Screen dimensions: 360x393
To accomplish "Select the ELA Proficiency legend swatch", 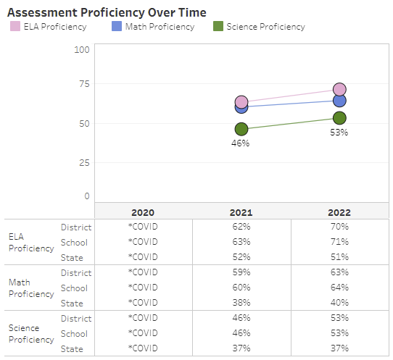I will (15, 27).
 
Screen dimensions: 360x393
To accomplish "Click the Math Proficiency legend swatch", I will (117, 27).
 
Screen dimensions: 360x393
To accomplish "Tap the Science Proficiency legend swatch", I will (218, 27).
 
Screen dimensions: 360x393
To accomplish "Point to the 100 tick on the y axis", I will (82, 49).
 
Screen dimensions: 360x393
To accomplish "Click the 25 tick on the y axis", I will (84, 163).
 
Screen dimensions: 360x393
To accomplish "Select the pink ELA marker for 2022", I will (339, 90).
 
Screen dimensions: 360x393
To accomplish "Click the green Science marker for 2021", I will (241, 129).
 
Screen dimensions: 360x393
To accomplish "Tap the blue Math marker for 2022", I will (339, 101).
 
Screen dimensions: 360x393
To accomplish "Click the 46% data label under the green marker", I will (241, 143).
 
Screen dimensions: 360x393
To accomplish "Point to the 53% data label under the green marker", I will (339, 133).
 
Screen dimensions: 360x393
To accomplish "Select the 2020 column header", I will (143, 213).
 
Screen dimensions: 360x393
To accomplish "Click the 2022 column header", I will (339, 213).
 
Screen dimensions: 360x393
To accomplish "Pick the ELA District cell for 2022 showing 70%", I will (339, 227).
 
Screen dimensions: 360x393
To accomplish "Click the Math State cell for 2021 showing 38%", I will (241, 303).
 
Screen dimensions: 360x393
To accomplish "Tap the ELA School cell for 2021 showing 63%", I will (241, 242).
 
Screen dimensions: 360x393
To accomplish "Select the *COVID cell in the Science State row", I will (143, 348).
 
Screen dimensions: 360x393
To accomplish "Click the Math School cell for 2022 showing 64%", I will (339, 288).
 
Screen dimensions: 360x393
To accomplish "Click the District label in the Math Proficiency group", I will (76, 273).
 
